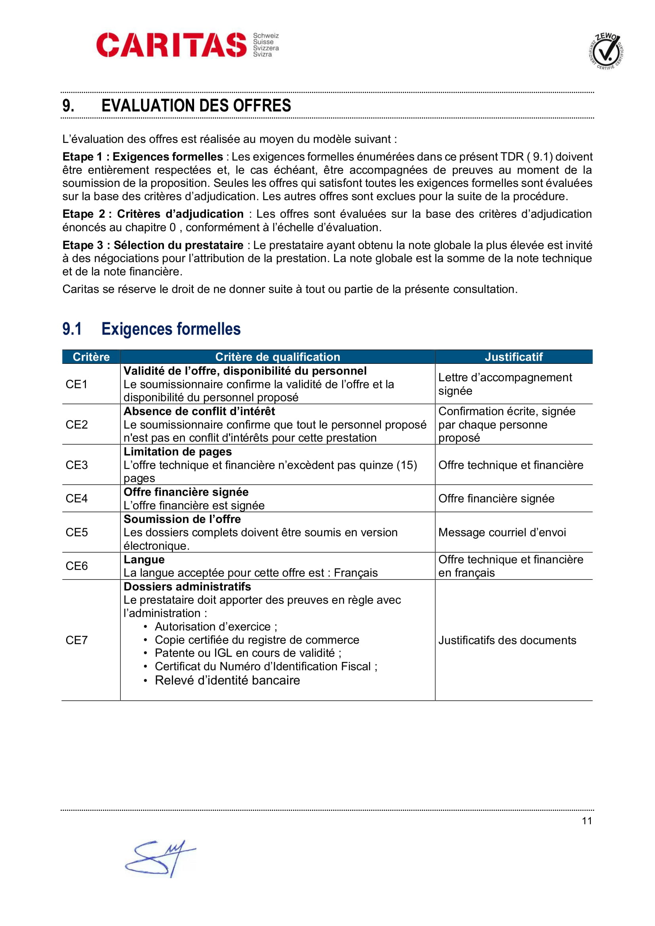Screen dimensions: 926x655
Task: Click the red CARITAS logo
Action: (171, 45)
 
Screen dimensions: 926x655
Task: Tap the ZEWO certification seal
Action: (606, 51)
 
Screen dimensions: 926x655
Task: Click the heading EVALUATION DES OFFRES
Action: (196, 106)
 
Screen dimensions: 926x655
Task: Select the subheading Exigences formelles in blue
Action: (171, 329)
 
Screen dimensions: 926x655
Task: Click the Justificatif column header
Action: (514, 357)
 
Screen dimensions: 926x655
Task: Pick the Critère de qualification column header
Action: (278, 357)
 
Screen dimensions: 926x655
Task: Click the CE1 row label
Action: (77, 384)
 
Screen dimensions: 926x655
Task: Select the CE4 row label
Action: (77, 498)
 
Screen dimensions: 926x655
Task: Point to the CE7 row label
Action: (77, 640)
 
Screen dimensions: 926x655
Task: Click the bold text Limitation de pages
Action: (177, 452)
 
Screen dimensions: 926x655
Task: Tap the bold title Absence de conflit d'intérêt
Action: (199, 411)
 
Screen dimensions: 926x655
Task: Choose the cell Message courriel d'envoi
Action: (502, 532)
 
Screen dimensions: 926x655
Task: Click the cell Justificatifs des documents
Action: (507, 640)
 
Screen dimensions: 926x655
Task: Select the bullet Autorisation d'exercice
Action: (216, 626)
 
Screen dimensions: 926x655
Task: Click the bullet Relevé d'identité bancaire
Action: (227, 681)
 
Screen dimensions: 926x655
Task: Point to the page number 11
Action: (587, 821)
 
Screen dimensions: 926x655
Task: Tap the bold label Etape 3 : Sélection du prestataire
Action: (153, 245)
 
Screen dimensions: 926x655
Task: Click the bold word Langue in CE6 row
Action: (144, 559)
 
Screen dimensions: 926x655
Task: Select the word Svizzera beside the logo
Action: (266, 48)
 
